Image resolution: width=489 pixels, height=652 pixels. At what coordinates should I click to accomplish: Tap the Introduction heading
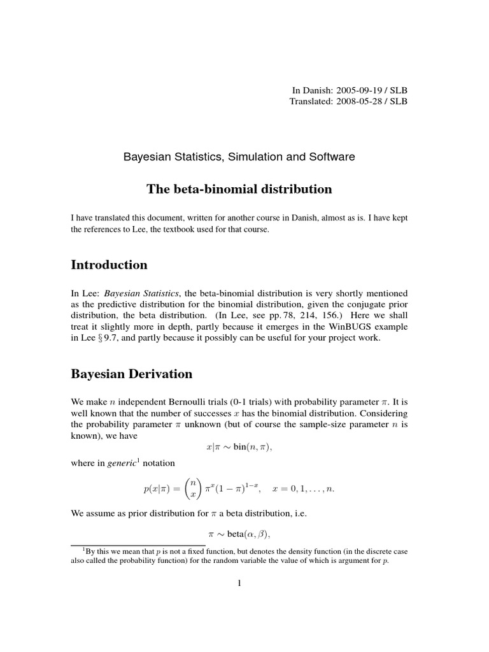[109, 265]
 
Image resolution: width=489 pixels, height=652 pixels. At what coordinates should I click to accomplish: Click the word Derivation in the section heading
[160, 375]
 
